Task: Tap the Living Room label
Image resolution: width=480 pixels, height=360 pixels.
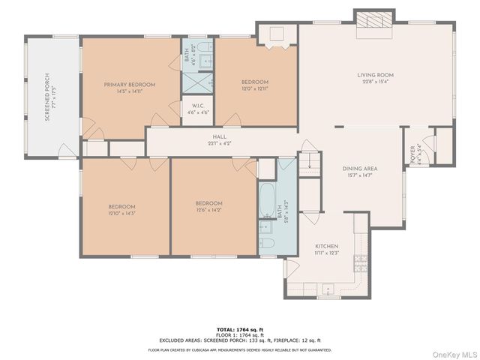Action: (374, 75)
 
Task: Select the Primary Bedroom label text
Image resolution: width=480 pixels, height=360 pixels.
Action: (130, 85)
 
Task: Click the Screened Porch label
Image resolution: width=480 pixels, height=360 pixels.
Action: (46, 97)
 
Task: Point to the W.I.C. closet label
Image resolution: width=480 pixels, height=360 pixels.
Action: (199, 105)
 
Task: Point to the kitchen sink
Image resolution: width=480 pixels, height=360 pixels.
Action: (328, 288)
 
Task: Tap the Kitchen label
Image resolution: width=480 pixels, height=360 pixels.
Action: (326, 246)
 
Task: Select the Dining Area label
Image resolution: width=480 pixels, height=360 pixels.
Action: (360, 169)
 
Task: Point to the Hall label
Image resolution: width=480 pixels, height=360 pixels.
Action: (219, 136)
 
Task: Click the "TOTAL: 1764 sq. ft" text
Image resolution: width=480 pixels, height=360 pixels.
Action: (240, 329)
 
